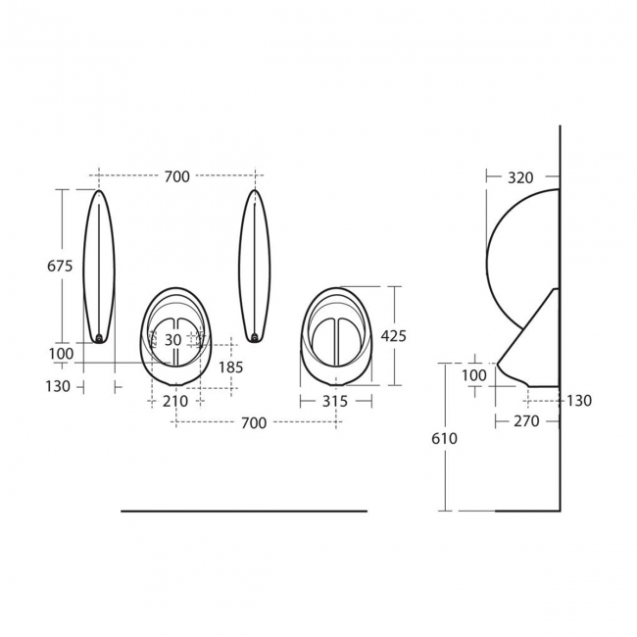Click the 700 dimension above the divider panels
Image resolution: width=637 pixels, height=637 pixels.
(176, 176)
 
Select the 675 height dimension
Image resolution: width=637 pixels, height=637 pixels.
(61, 265)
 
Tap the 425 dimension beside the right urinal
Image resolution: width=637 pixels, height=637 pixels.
(393, 335)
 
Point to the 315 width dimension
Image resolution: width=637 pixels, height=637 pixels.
(335, 402)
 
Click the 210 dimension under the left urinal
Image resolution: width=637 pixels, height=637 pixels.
(175, 402)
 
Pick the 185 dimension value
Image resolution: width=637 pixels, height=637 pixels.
(230, 367)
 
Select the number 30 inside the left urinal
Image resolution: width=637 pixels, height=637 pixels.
(172, 339)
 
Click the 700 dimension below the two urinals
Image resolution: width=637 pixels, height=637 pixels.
(254, 422)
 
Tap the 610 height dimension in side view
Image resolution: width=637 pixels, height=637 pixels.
(444, 439)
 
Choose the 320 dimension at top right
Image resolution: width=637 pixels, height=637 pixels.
(520, 177)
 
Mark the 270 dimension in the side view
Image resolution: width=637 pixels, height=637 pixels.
(525, 422)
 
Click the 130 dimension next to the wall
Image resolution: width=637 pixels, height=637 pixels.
(579, 401)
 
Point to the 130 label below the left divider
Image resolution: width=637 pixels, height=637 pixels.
(58, 386)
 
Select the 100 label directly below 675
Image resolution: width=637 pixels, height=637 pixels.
(61, 353)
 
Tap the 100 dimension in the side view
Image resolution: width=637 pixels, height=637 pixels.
(473, 375)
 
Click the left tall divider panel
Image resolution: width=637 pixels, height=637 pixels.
(99, 265)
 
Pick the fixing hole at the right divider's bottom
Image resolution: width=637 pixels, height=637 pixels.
(255, 339)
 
